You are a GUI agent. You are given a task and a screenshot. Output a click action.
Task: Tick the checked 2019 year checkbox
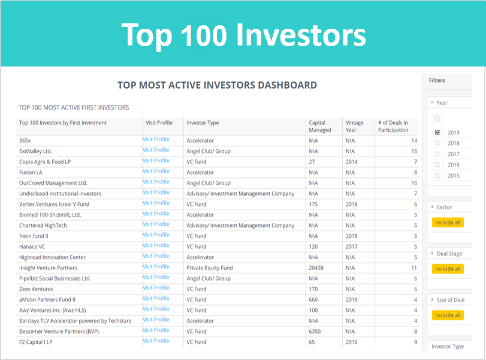[x=437, y=132]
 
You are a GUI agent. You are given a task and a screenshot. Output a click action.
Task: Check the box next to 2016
[x=437, y=165]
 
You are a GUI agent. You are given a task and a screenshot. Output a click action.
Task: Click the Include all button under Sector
[x=448, y=222]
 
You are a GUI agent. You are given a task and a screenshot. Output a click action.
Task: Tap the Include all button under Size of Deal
[x=448, y=315]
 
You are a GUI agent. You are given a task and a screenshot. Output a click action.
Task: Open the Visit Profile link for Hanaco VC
[x=156, y=246]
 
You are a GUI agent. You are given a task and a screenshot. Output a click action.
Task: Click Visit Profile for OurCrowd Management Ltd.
[x=156, y=182]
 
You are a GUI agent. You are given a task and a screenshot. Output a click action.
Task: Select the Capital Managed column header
[x=320, y=126]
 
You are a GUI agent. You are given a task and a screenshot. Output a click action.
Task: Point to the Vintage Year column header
[x=355, y=126]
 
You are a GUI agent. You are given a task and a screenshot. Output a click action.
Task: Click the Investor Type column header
[x=203, y=123]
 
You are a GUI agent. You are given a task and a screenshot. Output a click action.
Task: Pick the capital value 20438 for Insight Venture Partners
[x=316, y=268]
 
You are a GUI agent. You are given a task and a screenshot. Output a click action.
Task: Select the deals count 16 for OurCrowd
[x=414, y=183]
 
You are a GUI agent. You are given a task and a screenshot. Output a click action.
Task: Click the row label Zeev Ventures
[x=36, y=289]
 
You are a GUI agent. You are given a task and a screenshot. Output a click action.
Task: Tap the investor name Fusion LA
[x=31, y=173]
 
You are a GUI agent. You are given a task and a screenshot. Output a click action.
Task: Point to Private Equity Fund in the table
[x=210, y=268]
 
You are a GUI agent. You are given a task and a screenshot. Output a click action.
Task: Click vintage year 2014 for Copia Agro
[x=352, y=162]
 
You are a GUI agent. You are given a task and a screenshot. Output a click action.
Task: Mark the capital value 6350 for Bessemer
[x=315, y=331]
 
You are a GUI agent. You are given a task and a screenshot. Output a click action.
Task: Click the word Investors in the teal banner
[x=301, y=35]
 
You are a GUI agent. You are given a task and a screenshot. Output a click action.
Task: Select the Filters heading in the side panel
[x=437, y=80]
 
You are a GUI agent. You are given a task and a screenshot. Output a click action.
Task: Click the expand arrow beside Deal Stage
[x=432, y=253]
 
